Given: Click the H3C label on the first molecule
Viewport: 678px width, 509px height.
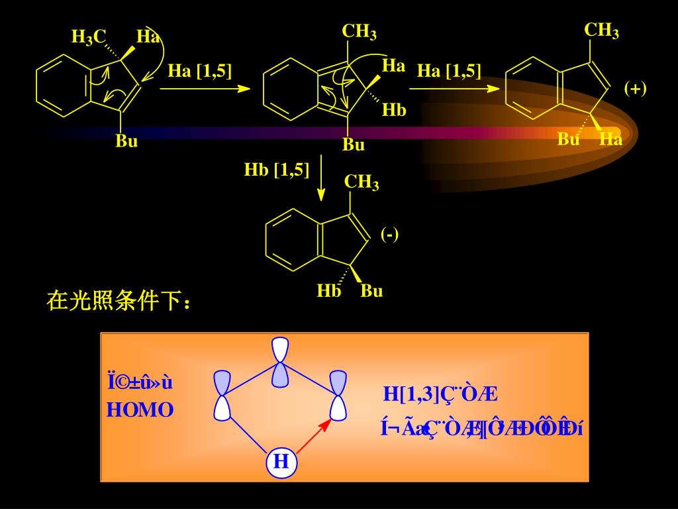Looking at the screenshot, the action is (89, 38).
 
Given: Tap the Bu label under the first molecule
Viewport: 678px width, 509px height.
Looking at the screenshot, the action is (126, 141).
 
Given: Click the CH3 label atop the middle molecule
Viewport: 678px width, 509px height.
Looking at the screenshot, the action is (359, 32).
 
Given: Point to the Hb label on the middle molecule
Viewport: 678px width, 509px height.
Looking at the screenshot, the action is (394, 110).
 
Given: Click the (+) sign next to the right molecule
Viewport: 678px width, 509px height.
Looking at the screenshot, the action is (635, 88).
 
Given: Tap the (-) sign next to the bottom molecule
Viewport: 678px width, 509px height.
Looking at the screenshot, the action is (389, 234).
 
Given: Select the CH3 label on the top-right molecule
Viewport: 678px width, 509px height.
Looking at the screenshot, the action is (601, 30).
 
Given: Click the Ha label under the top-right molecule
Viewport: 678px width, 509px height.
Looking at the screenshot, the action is (610, 139).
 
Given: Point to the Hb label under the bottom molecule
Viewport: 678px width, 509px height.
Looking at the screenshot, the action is (328, 291).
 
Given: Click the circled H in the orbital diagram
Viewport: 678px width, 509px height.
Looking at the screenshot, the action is (281, 461).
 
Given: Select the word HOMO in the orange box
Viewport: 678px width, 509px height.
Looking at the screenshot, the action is (140, 410).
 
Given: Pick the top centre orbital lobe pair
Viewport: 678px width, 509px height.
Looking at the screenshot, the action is (281, 362).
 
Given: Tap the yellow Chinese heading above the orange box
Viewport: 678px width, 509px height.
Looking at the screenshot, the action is (119, 302).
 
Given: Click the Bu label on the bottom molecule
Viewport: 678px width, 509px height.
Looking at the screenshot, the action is (371, 291).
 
